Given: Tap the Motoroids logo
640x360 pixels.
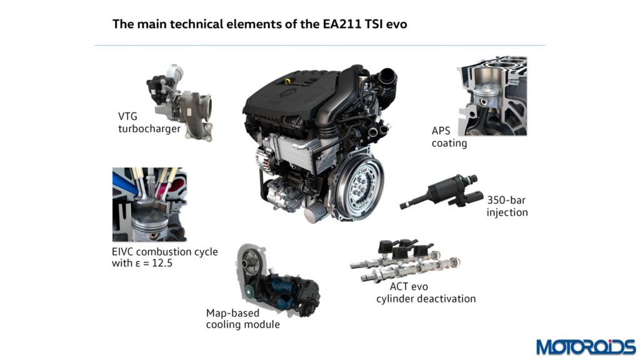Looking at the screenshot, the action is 586,346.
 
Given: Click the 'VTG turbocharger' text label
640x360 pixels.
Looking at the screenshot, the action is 149,123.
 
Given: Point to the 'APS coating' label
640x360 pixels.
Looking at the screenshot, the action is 449,137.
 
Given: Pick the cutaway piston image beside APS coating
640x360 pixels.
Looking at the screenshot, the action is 492,96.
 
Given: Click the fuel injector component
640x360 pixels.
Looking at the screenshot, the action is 439,192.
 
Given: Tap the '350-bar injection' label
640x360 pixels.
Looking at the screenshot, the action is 507,206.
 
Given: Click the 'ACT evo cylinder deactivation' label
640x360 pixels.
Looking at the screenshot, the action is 426,292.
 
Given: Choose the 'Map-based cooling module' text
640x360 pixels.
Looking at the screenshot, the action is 243,319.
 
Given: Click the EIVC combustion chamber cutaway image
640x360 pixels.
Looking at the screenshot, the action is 149,204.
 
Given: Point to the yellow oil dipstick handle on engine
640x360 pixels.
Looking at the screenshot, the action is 287,81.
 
